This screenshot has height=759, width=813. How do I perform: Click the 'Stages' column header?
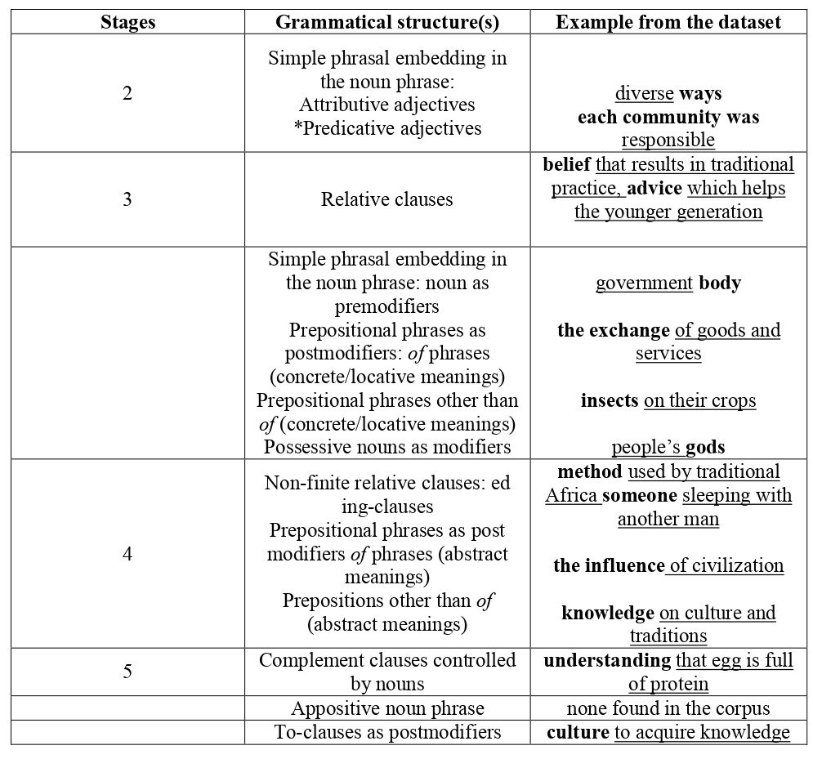click(x=127, y=22)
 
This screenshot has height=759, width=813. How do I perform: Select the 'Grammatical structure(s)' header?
click(x=386, y=22)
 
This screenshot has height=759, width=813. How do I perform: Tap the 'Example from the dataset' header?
click(x=668, y=22)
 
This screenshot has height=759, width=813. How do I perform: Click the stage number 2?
click(x=127, y=93)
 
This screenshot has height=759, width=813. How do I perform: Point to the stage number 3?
click(x=127, y=199)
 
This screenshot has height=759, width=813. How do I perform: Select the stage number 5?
click(x=127, y=672)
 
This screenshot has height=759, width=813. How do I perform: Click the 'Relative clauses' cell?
click(x=386, y=199)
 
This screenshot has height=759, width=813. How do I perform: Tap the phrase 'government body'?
click(x=668, y=284)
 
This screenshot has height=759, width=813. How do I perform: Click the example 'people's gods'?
click(x=668, y=447)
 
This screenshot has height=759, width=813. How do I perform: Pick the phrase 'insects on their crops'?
click(x=668, y=400)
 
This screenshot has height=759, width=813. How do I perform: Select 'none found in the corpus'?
click(x=668, y=708)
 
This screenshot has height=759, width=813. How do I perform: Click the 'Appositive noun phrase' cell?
click(x=386, y=708)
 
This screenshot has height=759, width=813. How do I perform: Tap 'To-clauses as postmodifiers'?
click(x=386, y=733)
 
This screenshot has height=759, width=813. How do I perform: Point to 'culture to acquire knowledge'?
click(x=668, y=733)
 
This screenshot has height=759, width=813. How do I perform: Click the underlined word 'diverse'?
click(x=644, y=93)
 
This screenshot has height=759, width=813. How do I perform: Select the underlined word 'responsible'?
click(x=668, y=140)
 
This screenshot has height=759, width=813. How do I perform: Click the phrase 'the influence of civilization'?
click(x=668, y=565)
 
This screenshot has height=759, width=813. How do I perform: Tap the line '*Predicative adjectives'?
click(x=386, y=128)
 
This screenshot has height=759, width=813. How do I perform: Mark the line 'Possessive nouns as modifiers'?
click(x=386, y=446)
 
